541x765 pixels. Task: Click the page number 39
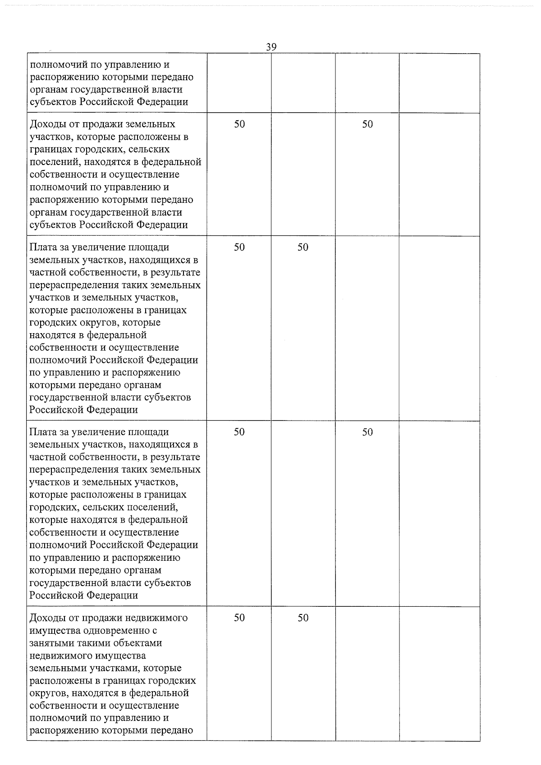(x=271, y=47)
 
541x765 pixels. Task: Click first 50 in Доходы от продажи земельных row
(x=239, y=124)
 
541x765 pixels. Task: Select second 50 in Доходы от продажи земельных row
(x=367, y=124)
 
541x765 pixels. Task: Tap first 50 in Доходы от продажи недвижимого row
(x=239, y=618)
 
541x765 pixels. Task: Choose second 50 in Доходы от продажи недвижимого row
(x=303, y=618)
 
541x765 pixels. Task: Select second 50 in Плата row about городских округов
(x=303, y=247)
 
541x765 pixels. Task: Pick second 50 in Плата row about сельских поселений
(x=367, y=432)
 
